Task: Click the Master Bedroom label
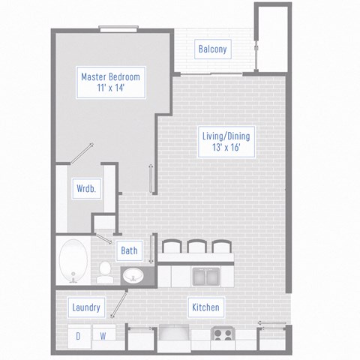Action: tap(110, 76)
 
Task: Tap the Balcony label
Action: tap(212, 49)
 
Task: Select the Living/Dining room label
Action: tap(226, 136)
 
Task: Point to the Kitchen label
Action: tap(205, 307)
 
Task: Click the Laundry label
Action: tap(87, 307)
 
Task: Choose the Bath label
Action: tap(130, 250)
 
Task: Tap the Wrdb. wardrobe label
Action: tap(83, 189)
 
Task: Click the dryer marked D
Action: tap(77, 336)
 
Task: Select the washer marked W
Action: tap(103, 336)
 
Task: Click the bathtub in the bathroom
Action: tap(73, 260)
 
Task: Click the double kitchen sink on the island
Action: tap(204, 276)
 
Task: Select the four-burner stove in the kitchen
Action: tap(222, 335)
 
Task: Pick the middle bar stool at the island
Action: tap(197, 247)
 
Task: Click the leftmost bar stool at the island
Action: tap(172, 247)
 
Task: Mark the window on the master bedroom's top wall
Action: tap(118, 30)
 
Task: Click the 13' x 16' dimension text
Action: tap(226, 148)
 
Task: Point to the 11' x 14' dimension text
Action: tap(110, 88)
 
